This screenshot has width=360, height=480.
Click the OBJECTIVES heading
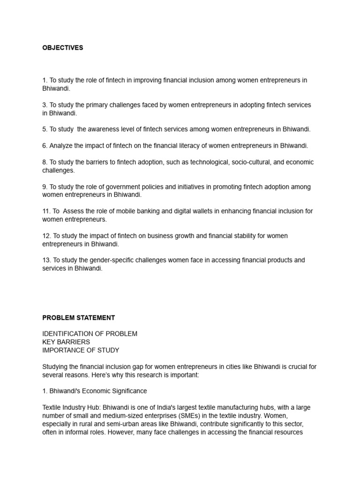pyautogui.click(x=62, y=48)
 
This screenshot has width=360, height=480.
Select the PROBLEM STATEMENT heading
pyautogui.click(x=78, y=318)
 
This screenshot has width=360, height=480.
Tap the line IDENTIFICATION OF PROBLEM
pyautogui.click(x=90, y=334)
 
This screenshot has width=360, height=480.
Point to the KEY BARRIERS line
pyautogui.click(x=66, y=342)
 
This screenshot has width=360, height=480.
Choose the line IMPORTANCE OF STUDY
pyautogui.click(x=81, y=350)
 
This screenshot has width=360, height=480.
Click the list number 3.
pyautogui.click(x=45, y=105)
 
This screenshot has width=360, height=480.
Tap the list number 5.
pyautogui.click(x=45, y=129)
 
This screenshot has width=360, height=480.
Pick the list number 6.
pyautogui.click(x=45, y=146)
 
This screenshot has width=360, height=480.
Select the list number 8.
pyautogui.click(x=45, y=162)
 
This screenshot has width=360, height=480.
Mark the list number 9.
pyautogui.click(x=45, y=187)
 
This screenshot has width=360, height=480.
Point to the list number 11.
pyautogui.click(x=46, y=211)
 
